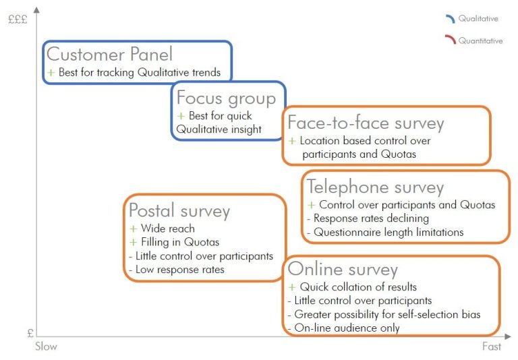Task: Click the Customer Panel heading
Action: pos(109,54)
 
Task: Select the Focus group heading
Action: pos(227,98)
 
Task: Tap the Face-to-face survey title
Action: pos(366,123)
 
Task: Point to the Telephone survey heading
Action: pos(375,187)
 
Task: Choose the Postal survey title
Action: pos(179,211)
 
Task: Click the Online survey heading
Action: pos(343,269)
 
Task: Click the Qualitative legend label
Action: pos(478,18)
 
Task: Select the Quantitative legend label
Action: pos(480,40)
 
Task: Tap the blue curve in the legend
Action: pos(451,18)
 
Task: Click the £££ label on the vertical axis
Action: pos(18,20)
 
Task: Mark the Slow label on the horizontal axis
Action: pos(46,347)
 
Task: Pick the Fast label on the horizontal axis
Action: pos(492,347)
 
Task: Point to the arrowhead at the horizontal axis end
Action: pos(508,336)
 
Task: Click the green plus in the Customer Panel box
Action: pos(51,72)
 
